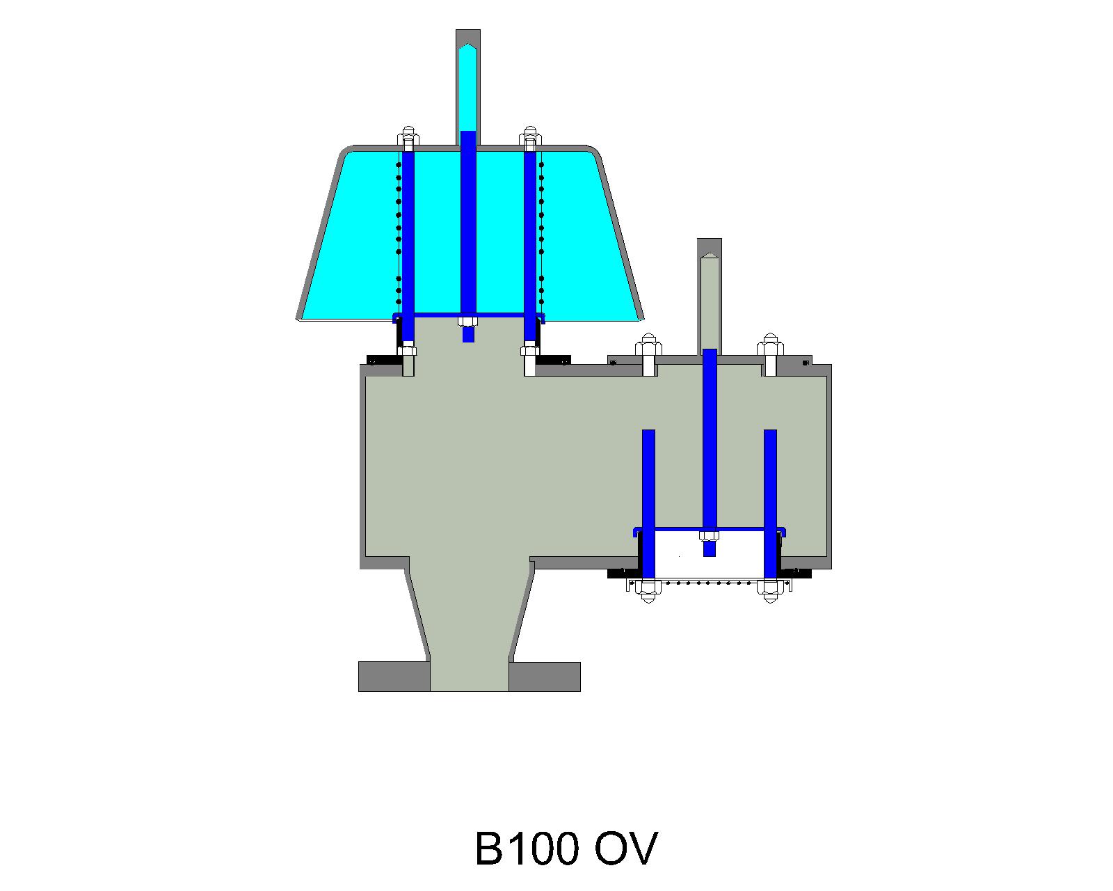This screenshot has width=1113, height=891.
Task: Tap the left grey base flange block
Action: coord(393,677)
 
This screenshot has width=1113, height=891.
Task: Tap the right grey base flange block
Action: coord(545,677)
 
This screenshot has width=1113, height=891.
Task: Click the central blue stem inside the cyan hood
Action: coord(468,223)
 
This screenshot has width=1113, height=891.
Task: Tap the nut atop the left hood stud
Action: coord(408,134)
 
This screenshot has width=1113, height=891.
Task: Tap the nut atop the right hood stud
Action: coord(530,134)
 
